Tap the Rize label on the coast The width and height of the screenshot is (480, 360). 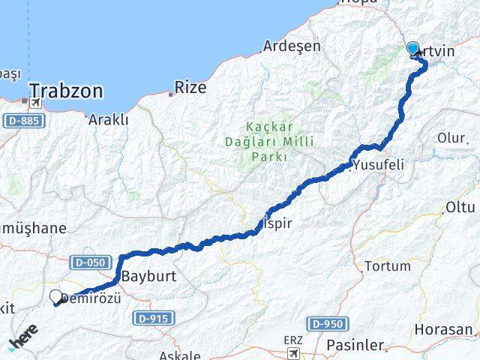tap(190, 88)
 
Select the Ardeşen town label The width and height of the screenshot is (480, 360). tap(291, 46)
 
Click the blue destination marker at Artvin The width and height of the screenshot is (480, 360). tap(413, 49)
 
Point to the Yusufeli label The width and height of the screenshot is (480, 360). tap(383, 164)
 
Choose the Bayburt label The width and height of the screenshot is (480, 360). tap(148, 275)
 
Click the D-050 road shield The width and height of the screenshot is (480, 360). tap(91, 262)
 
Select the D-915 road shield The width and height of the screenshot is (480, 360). tap(152, 319)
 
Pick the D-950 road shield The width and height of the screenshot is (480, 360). tap(327, 323)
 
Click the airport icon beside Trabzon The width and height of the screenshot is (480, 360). tap(35, 102)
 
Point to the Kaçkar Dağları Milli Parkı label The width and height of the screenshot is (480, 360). tap(270, 140)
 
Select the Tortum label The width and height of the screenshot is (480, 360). tap(387, 265)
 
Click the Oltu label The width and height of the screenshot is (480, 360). tap(460, 206)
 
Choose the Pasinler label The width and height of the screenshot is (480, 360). tap(355, 346)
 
